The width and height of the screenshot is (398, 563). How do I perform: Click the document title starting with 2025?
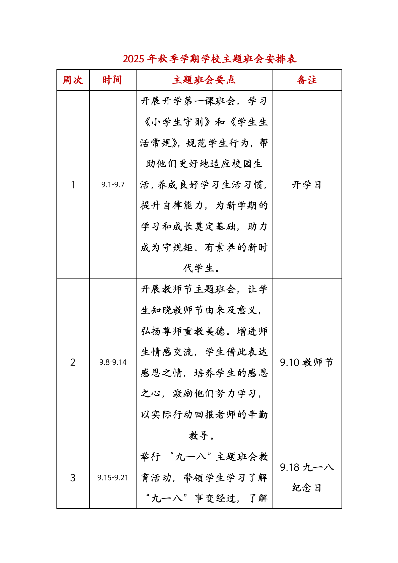pyautogui.click(x=210, y=59)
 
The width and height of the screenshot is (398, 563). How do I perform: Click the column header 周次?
pyautogui.click(x=73, y=80)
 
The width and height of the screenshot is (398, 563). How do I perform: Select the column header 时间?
pyautogui.click(x=112, y=80)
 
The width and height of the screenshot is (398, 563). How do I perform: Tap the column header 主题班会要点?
pyautogui.click(x=204, y=80)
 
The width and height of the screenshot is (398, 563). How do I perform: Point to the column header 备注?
pyautogui.click(x=307, y=80)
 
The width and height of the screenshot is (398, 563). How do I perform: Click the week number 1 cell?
pyautogui.click(x=73, y=185)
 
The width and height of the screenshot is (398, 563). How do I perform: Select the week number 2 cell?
pyautogui.click(x=73, y=362)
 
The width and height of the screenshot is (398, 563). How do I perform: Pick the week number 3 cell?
pyautogui.click(x=73, y=478)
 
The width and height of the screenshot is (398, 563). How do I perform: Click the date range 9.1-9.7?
pyautogui.click(x=113, y=185)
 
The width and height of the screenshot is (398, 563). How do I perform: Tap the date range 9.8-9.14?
pyautogui.click(x=113, y=362)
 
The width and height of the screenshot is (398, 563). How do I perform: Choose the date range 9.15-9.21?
pyautogui.click(x=113, y=478)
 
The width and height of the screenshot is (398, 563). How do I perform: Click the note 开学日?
pyautogui.click(x=307, y=185)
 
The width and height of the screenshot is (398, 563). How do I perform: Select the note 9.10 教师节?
pyautogui.click(x=307, y=362)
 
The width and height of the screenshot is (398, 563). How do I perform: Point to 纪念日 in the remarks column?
pyautogui.click(x=307, y=488)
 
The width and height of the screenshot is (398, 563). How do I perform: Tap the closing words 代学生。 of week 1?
pyautogui.click(x=202, y=268)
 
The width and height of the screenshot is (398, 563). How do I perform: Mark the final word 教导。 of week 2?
pyautogui.click(x=201, y=436)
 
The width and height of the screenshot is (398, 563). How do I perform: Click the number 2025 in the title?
pyautogui.click(x=133, y=59)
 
